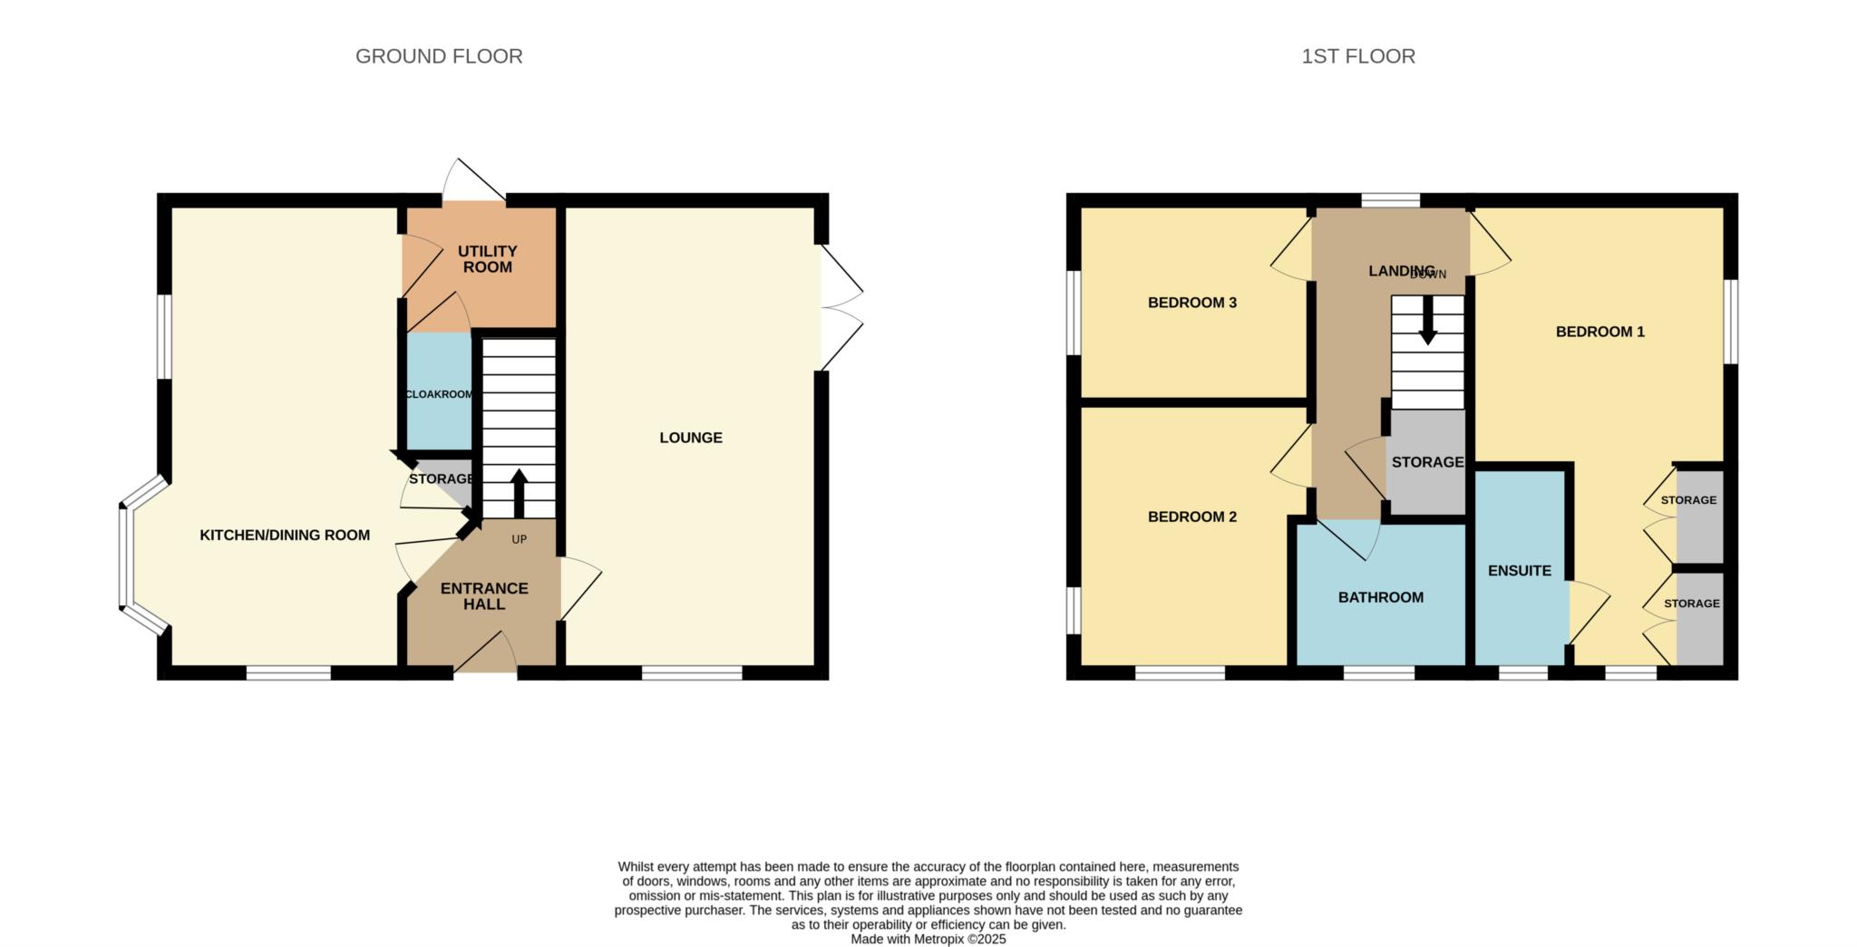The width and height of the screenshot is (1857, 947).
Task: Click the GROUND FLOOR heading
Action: click(439, 56)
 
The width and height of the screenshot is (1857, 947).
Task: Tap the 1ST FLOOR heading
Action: click(1357, 56)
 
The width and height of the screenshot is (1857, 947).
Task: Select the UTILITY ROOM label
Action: click(487, 259)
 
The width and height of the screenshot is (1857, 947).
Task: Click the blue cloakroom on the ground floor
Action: click(439, 391)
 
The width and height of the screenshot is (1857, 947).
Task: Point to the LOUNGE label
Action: click(691, 438)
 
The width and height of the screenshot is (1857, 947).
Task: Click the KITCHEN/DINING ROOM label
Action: click(285, 536)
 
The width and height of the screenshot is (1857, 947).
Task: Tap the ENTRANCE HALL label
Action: click(484, 596)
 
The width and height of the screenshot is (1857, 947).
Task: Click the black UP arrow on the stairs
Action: click(520, 493)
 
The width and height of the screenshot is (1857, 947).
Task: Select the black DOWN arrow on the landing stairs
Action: click(1427, 321)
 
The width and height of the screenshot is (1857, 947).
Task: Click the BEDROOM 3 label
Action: click(1192, 303)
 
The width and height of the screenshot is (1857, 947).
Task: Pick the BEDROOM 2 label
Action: click(1192, 517)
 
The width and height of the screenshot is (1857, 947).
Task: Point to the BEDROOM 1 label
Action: click(1600, 332)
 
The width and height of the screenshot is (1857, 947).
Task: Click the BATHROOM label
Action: click(1381, 597)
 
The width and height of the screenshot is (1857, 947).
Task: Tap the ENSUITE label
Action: click(1520, 571)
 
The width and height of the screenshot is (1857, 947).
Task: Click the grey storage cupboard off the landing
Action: click(1427, 462)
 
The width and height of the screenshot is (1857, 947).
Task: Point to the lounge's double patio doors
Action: click(841, 308)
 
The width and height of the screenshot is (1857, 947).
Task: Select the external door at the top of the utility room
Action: click(473, 180)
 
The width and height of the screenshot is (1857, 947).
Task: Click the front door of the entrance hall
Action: click(485, 653)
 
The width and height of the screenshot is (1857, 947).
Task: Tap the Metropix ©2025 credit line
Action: click(928, 940)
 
